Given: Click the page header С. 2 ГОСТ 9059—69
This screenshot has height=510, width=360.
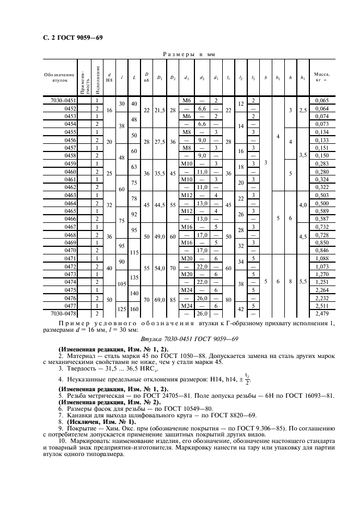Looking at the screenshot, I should click(x=69, y=38).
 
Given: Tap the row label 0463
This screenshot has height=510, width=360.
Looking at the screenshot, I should click(x=71, y=195).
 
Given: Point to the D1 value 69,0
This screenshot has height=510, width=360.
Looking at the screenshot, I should click(x=160, y=298).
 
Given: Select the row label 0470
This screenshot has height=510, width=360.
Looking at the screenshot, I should click(x=71, y=251).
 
